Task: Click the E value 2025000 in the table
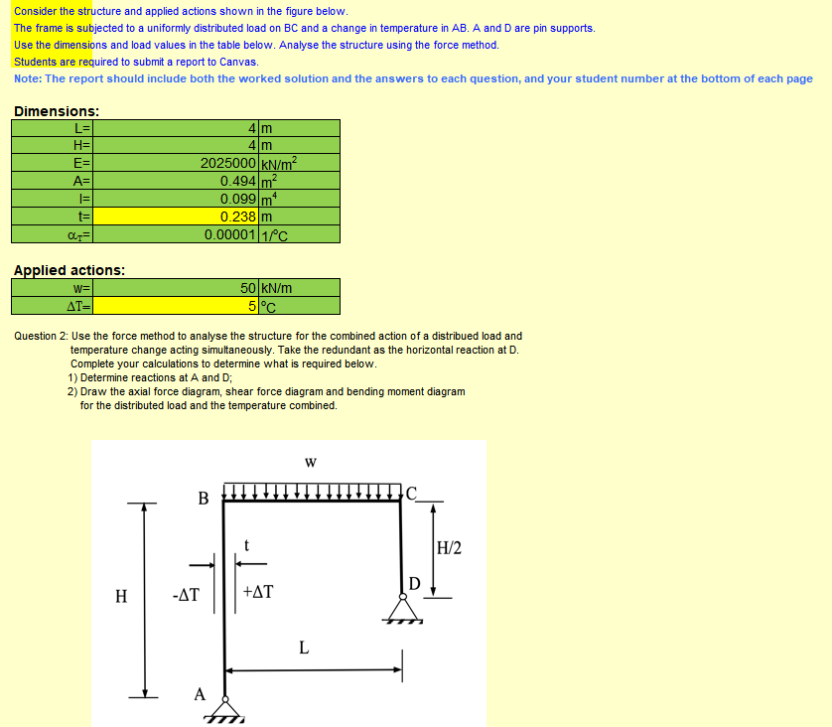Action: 228,164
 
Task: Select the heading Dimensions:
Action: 57,112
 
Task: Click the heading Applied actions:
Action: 69,270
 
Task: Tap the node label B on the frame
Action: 203,499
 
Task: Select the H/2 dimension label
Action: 449,547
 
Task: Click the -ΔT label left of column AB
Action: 186,596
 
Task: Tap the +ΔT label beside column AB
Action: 258,593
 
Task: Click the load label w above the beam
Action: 311,462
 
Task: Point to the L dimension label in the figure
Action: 304,649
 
